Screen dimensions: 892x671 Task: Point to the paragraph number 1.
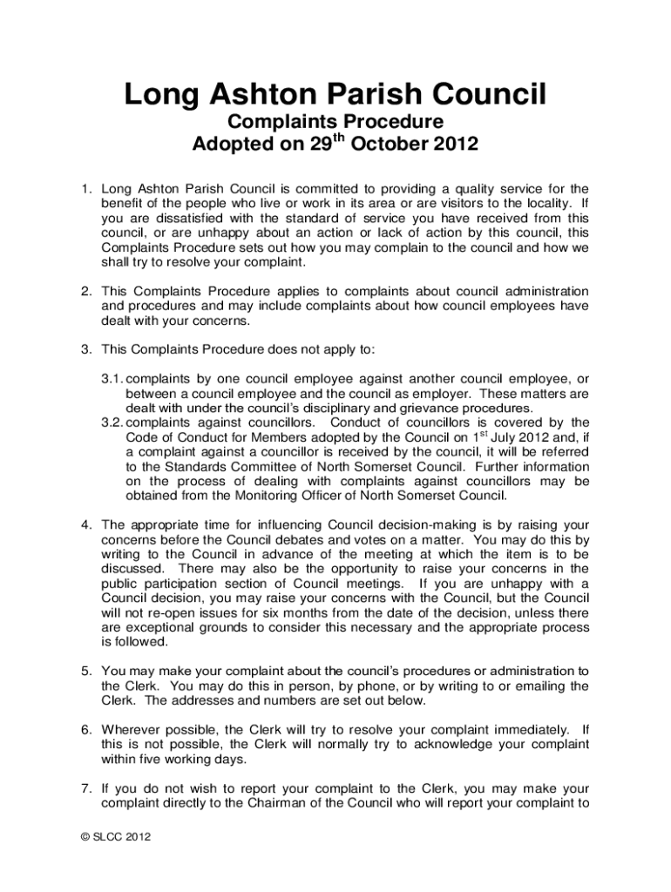point(85,187)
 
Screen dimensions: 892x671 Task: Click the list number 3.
point(85,350)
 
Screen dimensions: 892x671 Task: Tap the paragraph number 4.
point(85,524)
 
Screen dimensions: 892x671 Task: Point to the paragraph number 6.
point(85,728)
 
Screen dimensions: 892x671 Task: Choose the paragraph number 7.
point(85,787)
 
